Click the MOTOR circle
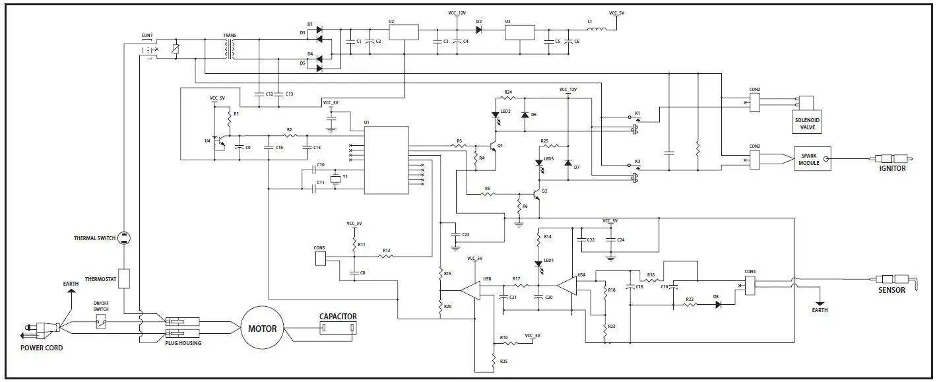(x=262, y=328)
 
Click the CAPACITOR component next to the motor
(x=338, y=328)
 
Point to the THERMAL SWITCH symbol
(x=125, y=238)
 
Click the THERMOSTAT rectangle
(x=125, y=279)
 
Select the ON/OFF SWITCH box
(x=101, y=323)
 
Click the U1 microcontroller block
(x=386, y=160)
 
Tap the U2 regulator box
(x=403, y=33)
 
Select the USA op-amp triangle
(x=567, y=286)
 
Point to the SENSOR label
(x=891, y=290)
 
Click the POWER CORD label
(x=42, y=348)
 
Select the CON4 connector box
(x=750, y=285)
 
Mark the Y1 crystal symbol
(x=336, y=179)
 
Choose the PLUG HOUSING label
(x=183, y=343)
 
